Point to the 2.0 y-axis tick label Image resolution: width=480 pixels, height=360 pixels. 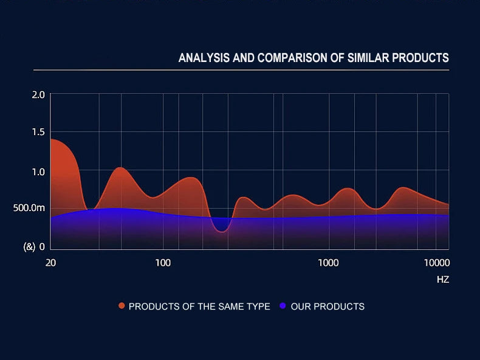coord(38,95)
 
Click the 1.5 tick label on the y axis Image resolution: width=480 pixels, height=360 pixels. coord(38,133)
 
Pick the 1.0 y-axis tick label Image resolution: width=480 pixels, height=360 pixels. coord(38,171)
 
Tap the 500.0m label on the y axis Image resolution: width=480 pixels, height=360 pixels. coord(30,209)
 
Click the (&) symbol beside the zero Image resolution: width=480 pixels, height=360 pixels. coord(29,247)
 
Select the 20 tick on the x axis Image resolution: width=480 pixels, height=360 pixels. coord(50,263)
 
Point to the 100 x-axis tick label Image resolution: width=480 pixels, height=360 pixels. coord(163,263)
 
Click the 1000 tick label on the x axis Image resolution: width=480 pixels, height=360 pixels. coord(328,263)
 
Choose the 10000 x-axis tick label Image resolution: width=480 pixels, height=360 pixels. coord(436,263)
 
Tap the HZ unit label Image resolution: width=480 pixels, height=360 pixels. coord(442,280)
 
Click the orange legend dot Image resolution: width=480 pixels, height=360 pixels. coord(122,306)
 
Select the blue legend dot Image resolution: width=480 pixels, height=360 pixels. coord(283,306)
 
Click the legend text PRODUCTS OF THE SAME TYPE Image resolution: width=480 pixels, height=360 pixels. coord(199,306)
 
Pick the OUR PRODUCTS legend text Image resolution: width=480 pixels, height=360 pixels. coord(327,306)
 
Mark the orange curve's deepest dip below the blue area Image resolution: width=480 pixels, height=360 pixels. coord(221,231)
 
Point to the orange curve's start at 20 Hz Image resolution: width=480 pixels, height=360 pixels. coord(51,139)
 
